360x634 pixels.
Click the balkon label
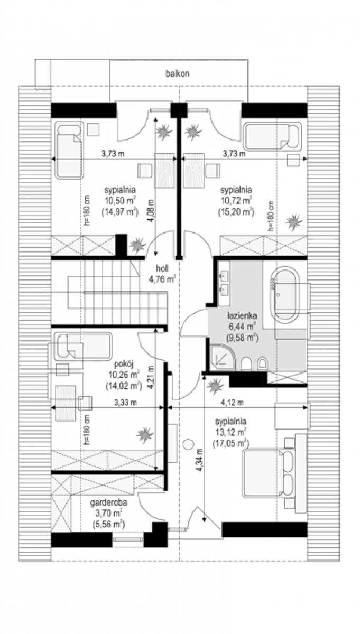(177, 74)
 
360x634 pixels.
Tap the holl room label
(162, 268)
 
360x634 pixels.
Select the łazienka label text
(242, 315)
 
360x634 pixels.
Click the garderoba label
(108, 502)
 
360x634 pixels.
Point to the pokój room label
(124, 363)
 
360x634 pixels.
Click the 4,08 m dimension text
(151, 211)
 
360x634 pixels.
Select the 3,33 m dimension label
(125, 402)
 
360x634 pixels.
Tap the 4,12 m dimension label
(232, 402)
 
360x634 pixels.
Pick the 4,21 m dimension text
(151, 377)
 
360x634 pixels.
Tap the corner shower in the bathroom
(223, 357)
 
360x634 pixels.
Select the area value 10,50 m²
(120, 200)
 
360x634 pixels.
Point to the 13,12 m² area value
(230, 432)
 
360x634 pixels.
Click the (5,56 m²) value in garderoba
(108, 524)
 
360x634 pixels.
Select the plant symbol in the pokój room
(145, 434)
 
